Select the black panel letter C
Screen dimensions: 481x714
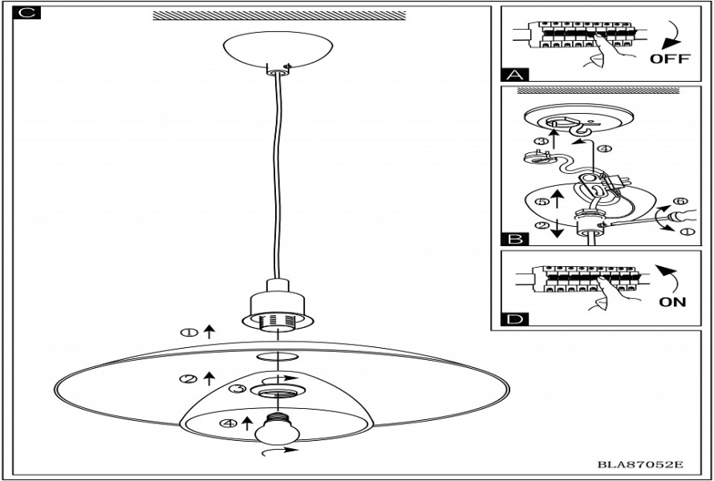(25, 14)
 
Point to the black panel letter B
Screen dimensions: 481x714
(514, 238)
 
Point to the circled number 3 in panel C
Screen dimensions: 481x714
(236, 390)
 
